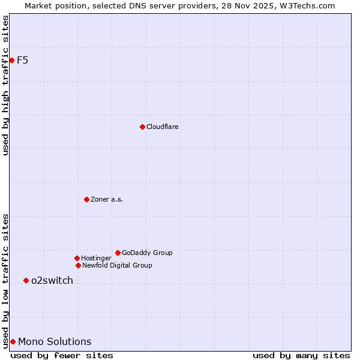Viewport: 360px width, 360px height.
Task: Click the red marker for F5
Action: (11, 60)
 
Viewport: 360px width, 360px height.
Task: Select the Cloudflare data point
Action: (142, 127)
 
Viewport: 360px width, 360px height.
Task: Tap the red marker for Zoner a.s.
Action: (86, 199)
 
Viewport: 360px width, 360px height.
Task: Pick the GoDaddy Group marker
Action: (118, 253)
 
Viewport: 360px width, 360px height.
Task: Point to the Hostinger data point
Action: (77, 258)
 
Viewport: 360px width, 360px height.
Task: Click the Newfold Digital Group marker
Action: (78, 265)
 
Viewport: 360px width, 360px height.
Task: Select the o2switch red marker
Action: (26, 280)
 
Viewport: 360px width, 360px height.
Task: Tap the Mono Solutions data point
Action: (13, 341)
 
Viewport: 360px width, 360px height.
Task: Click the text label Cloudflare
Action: (163, 127)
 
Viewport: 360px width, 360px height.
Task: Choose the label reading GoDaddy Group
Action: (147, 253)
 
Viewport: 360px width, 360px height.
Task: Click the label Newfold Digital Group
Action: (117, 265)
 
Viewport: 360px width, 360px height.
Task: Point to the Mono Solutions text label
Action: (55, 341)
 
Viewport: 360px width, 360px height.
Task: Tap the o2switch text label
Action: (52, 280)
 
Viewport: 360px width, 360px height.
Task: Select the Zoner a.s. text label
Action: (107, 199)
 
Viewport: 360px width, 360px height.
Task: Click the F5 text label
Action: (22, 60)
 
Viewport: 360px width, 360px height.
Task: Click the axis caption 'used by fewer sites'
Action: (62, 355)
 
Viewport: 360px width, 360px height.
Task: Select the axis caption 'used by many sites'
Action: (301, 355)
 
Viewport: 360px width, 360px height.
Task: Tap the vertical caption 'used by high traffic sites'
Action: (5, 85)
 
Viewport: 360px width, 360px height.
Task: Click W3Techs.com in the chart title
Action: (306, 5)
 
